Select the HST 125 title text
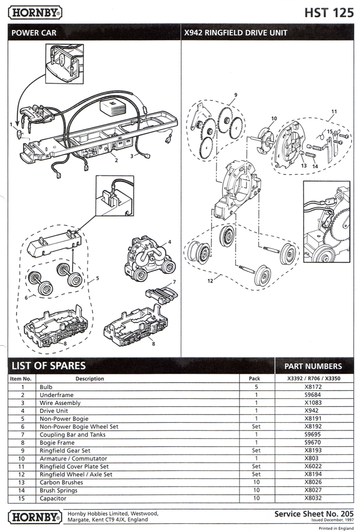[x=329, y=13]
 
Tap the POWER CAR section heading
[x=34, y=33]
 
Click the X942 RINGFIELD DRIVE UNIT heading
[x=236, y=33]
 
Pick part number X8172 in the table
[x=313, y=387]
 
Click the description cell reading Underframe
[x=56, y=395]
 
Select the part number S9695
[x=313, y=434]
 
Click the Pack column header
[x=254, y=379]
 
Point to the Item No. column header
[x=21, y=379]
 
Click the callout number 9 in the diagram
[x=236, y=95]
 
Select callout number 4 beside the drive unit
[x=170, y=242]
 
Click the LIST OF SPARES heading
[x=49, y=365]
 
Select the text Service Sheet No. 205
[x=314, y=514]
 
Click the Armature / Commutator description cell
[x=73, y=458]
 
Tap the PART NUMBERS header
[x=313, y=366]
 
